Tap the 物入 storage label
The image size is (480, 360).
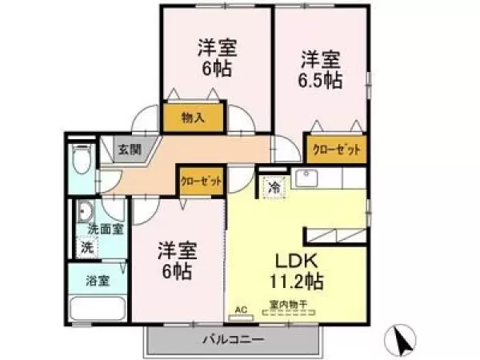193,118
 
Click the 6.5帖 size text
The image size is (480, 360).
322,80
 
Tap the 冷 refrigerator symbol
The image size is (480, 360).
274,188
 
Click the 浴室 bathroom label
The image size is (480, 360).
98,280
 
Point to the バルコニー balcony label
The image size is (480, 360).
232,341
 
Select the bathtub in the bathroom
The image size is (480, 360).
98,310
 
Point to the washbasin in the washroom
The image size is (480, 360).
85,212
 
